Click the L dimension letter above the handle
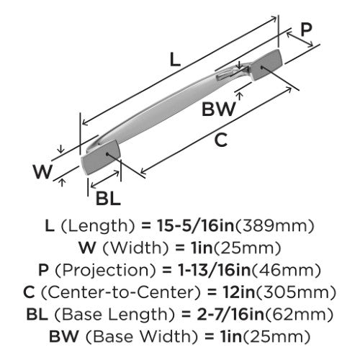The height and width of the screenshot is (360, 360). click(x=175, y=60)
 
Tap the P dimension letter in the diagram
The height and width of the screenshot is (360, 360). click(x=307, y=30)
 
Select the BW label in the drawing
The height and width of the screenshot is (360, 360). click(x=219, y=109)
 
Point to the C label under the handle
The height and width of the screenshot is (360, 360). click(x=221, y=140)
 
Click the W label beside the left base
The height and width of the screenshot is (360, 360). click(x=43, y=171)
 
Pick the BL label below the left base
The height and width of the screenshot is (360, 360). click(x=108, y=199)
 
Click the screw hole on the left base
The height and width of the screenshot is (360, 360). click(x=107, y=153)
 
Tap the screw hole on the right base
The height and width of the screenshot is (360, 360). click(x=262, y=67)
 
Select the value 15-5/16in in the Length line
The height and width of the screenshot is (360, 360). click(x=195, y=226)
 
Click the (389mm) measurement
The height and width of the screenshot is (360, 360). click(x=275, y=226)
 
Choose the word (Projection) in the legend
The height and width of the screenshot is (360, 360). click(x=106, y=270)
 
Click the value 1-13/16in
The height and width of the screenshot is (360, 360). click(x=214, y=270)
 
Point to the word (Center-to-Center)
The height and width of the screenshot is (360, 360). click(x=121, y=292)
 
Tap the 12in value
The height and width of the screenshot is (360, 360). click(x=239, y=292)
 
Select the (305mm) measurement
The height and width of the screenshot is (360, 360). click(x=296, y=292)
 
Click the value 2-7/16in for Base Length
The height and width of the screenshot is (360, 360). click(x=230, y=314)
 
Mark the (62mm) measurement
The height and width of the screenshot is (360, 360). click(x=299, y=314)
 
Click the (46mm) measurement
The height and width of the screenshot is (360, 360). click(x=286, y=270)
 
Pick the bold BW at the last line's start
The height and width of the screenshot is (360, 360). click(x=64, y=336)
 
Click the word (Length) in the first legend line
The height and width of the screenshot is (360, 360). click(x=98, y=226)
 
